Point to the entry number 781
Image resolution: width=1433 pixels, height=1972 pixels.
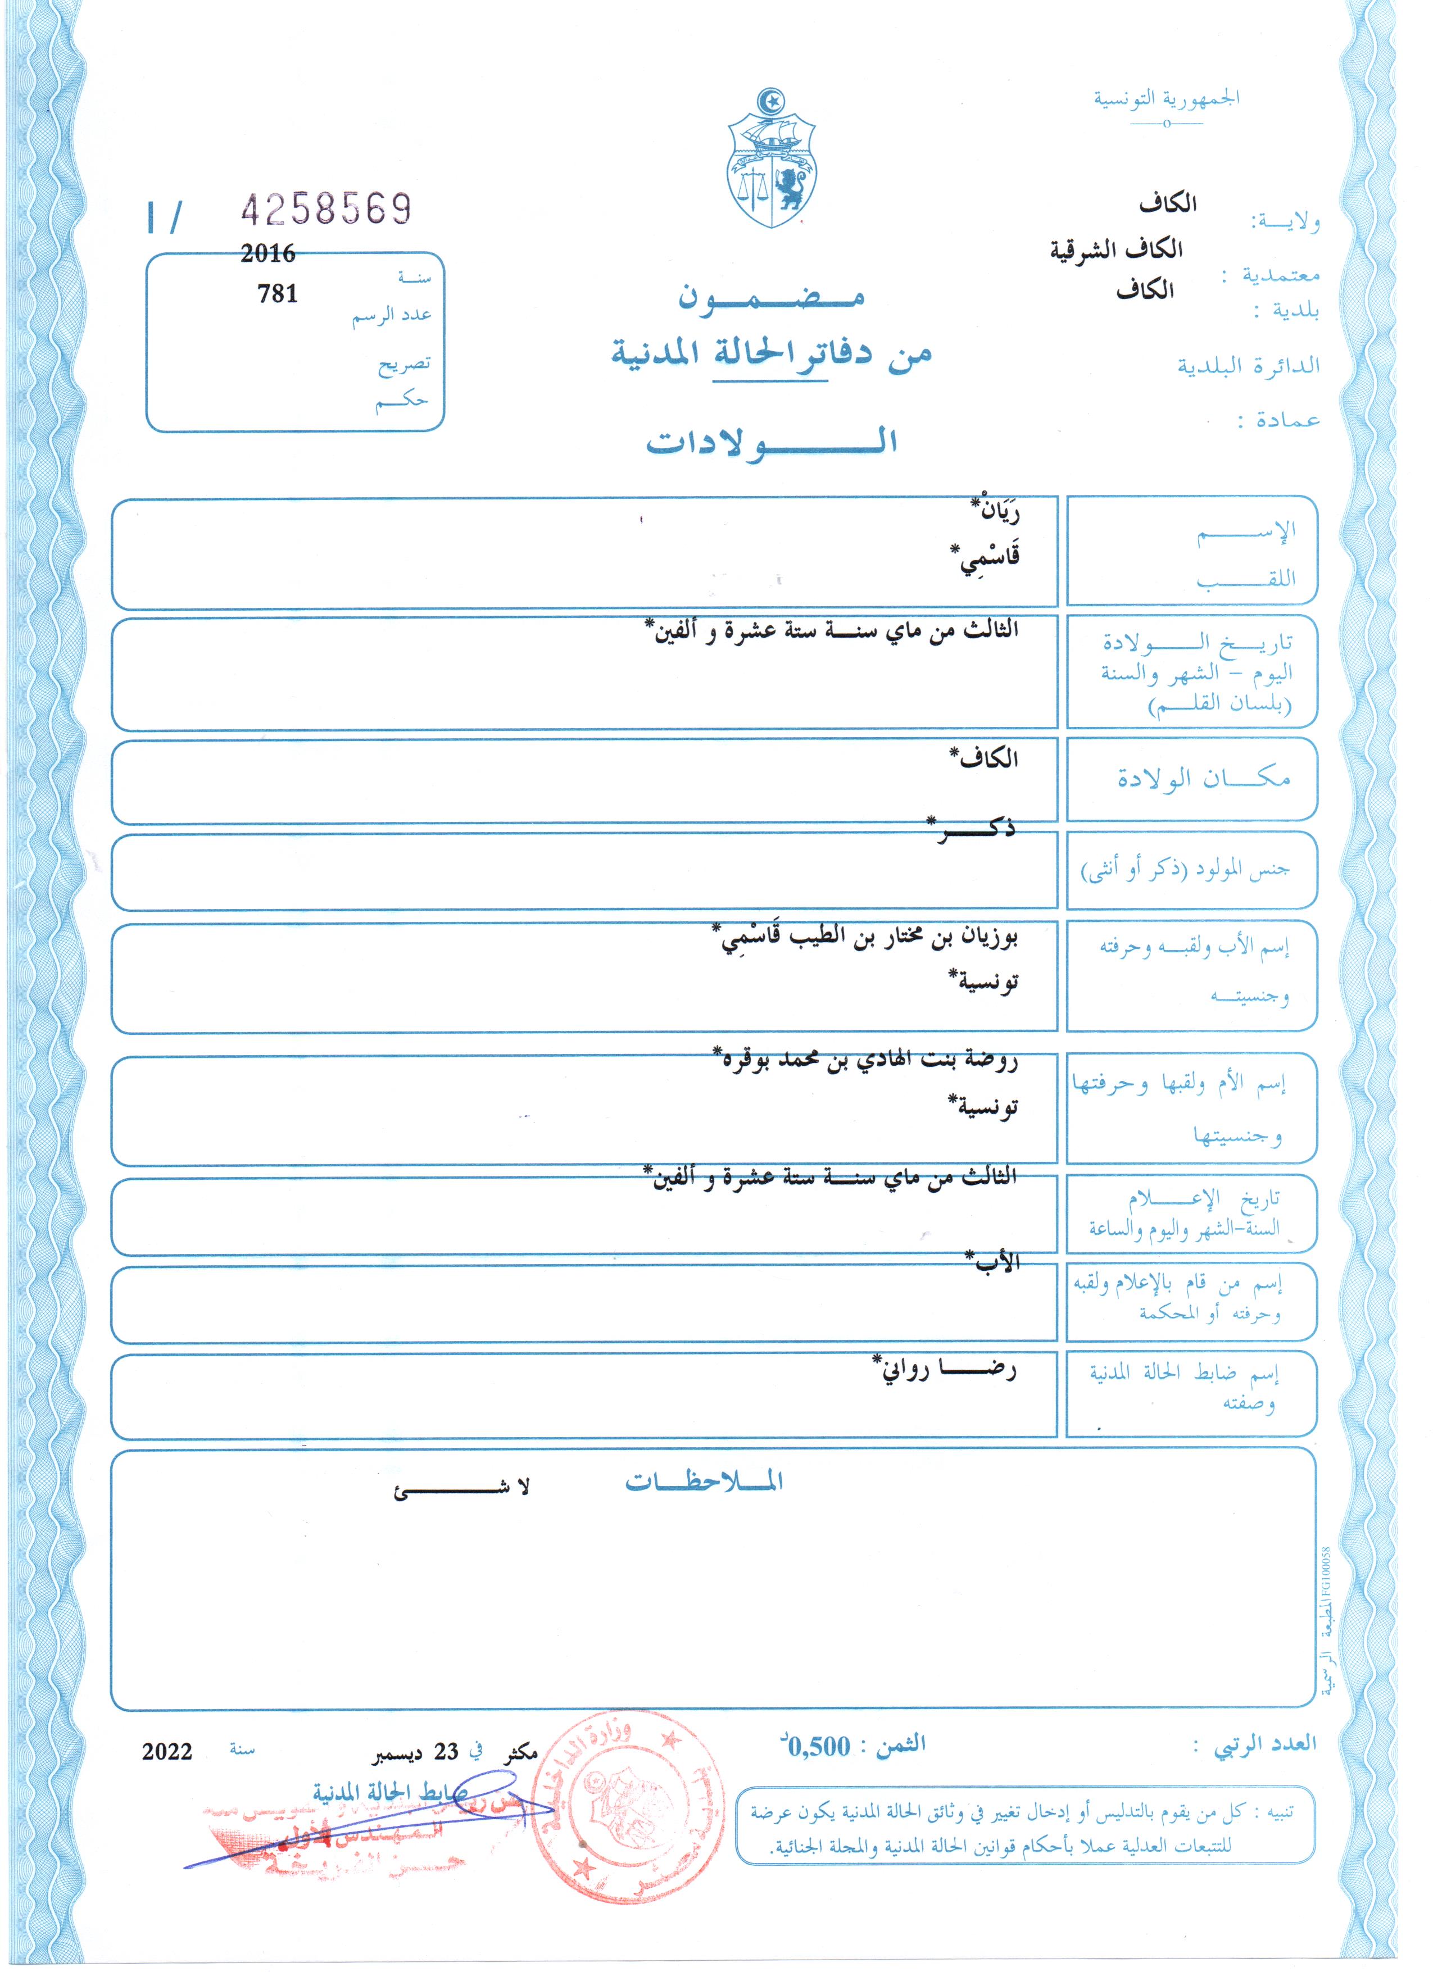[x=278, y=294]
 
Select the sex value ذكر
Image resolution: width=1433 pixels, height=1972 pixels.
[x=974, y=829]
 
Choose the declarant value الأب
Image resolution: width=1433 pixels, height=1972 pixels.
[x=995, y=1262]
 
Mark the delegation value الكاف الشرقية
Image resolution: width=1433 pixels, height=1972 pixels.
[x=1117, y=251]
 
